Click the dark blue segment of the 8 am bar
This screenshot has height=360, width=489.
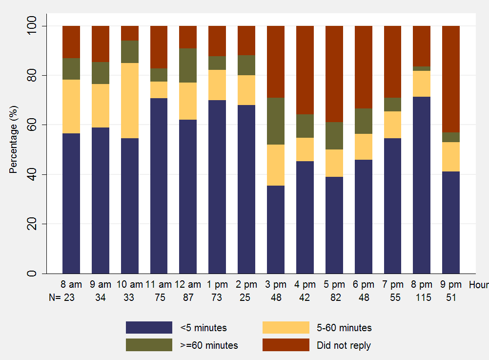click(x=71, y=203)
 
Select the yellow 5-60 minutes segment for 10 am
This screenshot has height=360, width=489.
click(x=130, y=101)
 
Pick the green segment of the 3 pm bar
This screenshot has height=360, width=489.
click(x=276, y=121)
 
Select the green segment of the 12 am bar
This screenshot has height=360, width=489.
click(x=188, y=65)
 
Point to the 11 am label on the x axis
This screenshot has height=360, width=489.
click(x=159, y=284)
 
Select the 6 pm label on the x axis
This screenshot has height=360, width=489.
click(x=364, y=284)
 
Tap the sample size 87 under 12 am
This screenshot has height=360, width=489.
click(x=188, y=297)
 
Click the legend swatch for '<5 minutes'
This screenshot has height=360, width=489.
click(x=149, y=327)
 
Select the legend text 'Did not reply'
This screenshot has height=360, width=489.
click(x=344, y=345)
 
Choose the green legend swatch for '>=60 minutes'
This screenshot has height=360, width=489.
click(x=149, y=345)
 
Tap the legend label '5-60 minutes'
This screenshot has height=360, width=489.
click(x=344, y=328)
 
